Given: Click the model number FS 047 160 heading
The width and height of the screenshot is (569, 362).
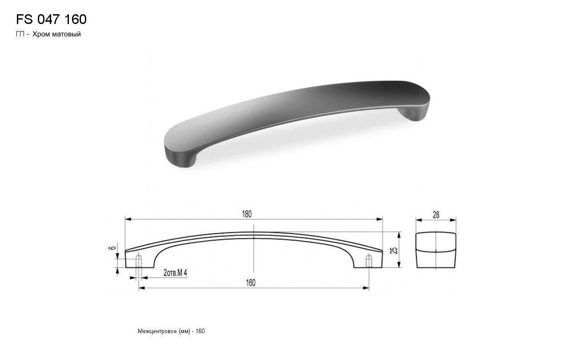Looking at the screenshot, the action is [51, 19].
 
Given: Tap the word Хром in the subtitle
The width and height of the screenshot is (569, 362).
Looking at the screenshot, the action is [40, 34].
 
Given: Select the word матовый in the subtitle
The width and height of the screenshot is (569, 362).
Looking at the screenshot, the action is [66, 34].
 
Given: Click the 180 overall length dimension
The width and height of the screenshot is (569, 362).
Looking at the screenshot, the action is [247, 214].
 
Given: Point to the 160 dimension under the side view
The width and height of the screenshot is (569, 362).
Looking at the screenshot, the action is [250, 283].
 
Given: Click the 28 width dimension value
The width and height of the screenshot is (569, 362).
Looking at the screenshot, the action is [436, 215].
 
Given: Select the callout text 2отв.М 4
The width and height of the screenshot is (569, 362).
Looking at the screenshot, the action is [175, 273].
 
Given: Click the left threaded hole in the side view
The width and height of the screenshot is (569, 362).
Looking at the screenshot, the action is [139, 261].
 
